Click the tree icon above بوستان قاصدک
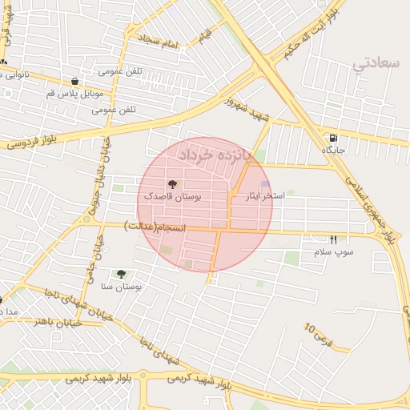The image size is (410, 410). pyautogui.click(x=173, y=184)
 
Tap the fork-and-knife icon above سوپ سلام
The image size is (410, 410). pyautogui.click(x=333, y=240)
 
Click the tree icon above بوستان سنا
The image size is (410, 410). pyautogui.click(x=121, y=274)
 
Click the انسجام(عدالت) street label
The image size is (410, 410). pyautogui.click(x=155, y=229)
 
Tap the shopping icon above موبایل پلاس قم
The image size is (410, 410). pyautogui.click(x=74, y=81)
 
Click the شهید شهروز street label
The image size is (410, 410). pyautogui.click(x=249, y=111)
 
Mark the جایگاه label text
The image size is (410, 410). pyautogui.click(x=332, y=150)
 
